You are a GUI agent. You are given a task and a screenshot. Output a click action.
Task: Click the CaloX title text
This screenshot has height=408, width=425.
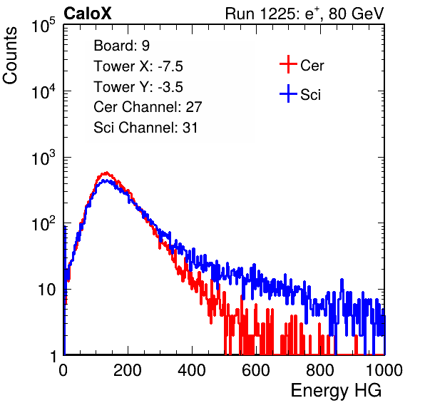tap(88, 14)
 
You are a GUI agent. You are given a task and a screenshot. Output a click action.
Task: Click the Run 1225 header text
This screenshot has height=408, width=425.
tap(304, 14)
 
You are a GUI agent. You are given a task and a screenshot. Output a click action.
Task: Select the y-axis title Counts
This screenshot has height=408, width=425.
tap(10, 56)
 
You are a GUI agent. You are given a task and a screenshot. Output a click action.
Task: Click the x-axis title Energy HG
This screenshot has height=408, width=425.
tap(336, 391)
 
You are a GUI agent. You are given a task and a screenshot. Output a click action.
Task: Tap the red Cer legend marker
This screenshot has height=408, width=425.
tap(288, 64)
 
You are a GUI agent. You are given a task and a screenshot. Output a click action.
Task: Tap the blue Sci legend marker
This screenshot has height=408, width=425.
tap(288, 94)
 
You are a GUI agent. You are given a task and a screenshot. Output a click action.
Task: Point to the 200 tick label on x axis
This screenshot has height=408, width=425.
tap(128, 370)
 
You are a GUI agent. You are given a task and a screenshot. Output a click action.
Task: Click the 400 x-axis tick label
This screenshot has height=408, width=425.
tap(192, 370)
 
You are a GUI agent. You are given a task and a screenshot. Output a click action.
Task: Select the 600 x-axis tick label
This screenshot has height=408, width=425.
tap(256, 370)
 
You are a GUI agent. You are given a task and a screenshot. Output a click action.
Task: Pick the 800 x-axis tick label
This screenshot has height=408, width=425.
tap(320, 370)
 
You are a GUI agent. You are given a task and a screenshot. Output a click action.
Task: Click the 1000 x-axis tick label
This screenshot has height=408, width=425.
tap(384, 370)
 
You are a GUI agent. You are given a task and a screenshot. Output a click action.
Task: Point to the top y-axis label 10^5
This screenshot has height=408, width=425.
tap(43, 25)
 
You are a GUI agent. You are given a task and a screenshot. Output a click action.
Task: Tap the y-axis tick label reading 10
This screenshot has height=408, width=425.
tap(47, 290)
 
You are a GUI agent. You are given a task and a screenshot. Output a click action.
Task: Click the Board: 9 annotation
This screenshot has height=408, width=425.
tap(122, 46)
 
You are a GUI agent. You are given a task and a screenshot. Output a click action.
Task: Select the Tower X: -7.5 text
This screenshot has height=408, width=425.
tap(138, 66)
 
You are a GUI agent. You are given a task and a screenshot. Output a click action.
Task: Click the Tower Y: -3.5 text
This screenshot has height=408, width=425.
tap(138, 87)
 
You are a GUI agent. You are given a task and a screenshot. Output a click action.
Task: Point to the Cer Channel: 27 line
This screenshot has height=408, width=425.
tap(148, 107)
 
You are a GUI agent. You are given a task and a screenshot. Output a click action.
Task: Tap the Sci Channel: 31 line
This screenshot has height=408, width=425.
tap(145, 128)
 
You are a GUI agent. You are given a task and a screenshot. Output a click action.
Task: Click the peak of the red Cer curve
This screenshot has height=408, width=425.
tap(106, 173)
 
